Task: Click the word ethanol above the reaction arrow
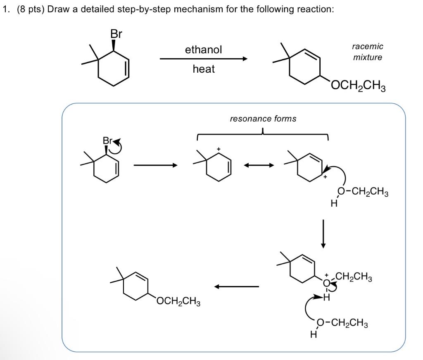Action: coord(203,50)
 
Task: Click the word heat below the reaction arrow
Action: coord(204,69)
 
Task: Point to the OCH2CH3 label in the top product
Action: coord(358,87)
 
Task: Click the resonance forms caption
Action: coord(263,119)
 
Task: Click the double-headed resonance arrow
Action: coord(258,165)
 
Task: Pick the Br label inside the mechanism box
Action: coord(107,141)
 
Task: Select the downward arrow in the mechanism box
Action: coord(323,234)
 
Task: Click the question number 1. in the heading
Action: coord(6,10)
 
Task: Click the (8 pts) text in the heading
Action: coord(31,10)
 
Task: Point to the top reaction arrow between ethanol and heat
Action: coord(204,59)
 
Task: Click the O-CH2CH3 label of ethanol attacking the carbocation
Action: coord(363,192)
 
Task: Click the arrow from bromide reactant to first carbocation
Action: coord(155,165)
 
